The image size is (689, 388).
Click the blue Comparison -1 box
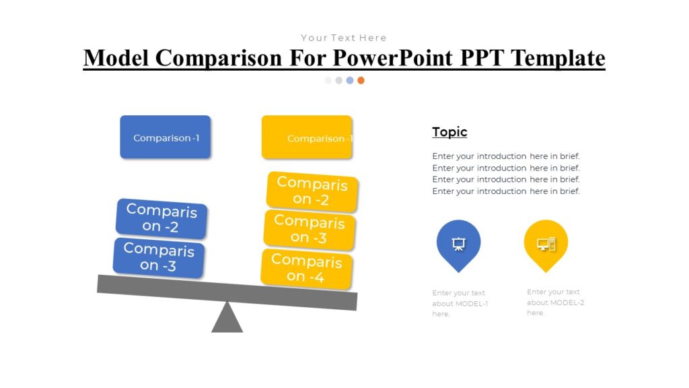click(x=165, y=137)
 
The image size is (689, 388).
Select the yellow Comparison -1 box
click(x=306, y=137)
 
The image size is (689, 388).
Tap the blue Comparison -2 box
click(x=161, y=218)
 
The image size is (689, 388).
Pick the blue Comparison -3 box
click(x=159, y=257)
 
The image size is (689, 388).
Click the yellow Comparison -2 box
click(x=312, y=191)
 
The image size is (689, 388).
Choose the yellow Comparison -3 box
click(x=310, y=229)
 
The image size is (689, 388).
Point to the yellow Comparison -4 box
click(x=307, y=268)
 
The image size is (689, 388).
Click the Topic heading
click(x=449, y=132)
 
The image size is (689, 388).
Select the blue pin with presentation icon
click(x=458, y=243)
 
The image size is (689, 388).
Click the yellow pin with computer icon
click(x=546, y=243)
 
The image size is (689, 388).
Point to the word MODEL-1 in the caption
click(x=472, y=304)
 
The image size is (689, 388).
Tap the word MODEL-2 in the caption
click(x=567, y=302)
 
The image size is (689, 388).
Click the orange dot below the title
click(x=361, y=80)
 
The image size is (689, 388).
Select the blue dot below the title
click(x=350, y=80)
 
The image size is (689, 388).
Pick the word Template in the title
click(x=558, y=58)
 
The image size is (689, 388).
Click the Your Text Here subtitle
click(x=344, y=38)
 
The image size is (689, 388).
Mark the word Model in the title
click(x=116, y=58)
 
